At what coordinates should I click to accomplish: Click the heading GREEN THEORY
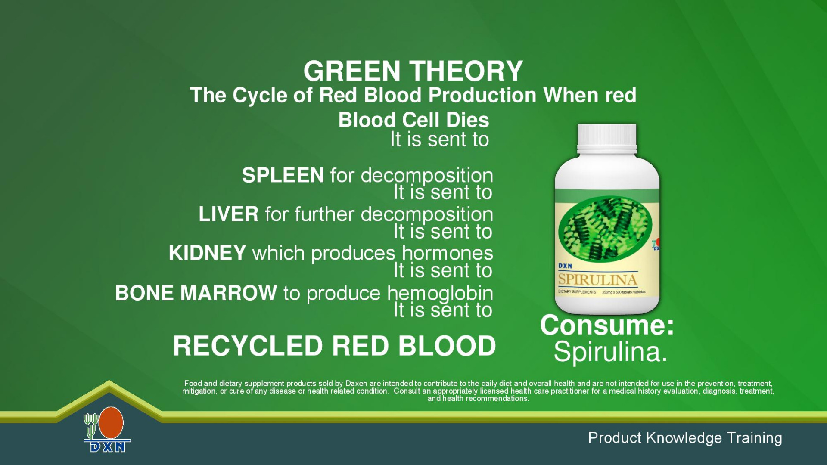[x=413, y=71]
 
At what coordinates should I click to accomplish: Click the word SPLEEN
[x=283, y=175]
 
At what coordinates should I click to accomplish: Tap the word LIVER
[x=228, y=214]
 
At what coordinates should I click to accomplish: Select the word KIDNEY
[x=207, y=253]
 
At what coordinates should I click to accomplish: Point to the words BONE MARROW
[x=196, y=293]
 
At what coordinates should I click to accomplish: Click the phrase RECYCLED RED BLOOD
[x=334, y=346]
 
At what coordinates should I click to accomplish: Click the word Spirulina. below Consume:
[x=610, y=352]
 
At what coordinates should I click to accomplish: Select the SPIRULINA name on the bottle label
[x=598, y=279]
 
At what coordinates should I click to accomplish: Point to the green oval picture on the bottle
[x=605, y=228]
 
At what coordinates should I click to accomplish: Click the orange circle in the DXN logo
[x=111, y=423]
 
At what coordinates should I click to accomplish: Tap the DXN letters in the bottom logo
[x=108, y=447]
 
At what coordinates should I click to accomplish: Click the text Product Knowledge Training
[x=685, y=438]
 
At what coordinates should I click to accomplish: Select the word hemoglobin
[x=440, y=294]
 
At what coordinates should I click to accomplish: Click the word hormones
[x=448, y=253]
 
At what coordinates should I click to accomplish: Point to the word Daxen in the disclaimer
[x=356, y=383]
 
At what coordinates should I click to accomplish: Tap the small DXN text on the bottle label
[x=565, y=266]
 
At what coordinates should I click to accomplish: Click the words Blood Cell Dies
[x=413, y=120]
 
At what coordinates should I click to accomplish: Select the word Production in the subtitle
[x=482, y=95]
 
